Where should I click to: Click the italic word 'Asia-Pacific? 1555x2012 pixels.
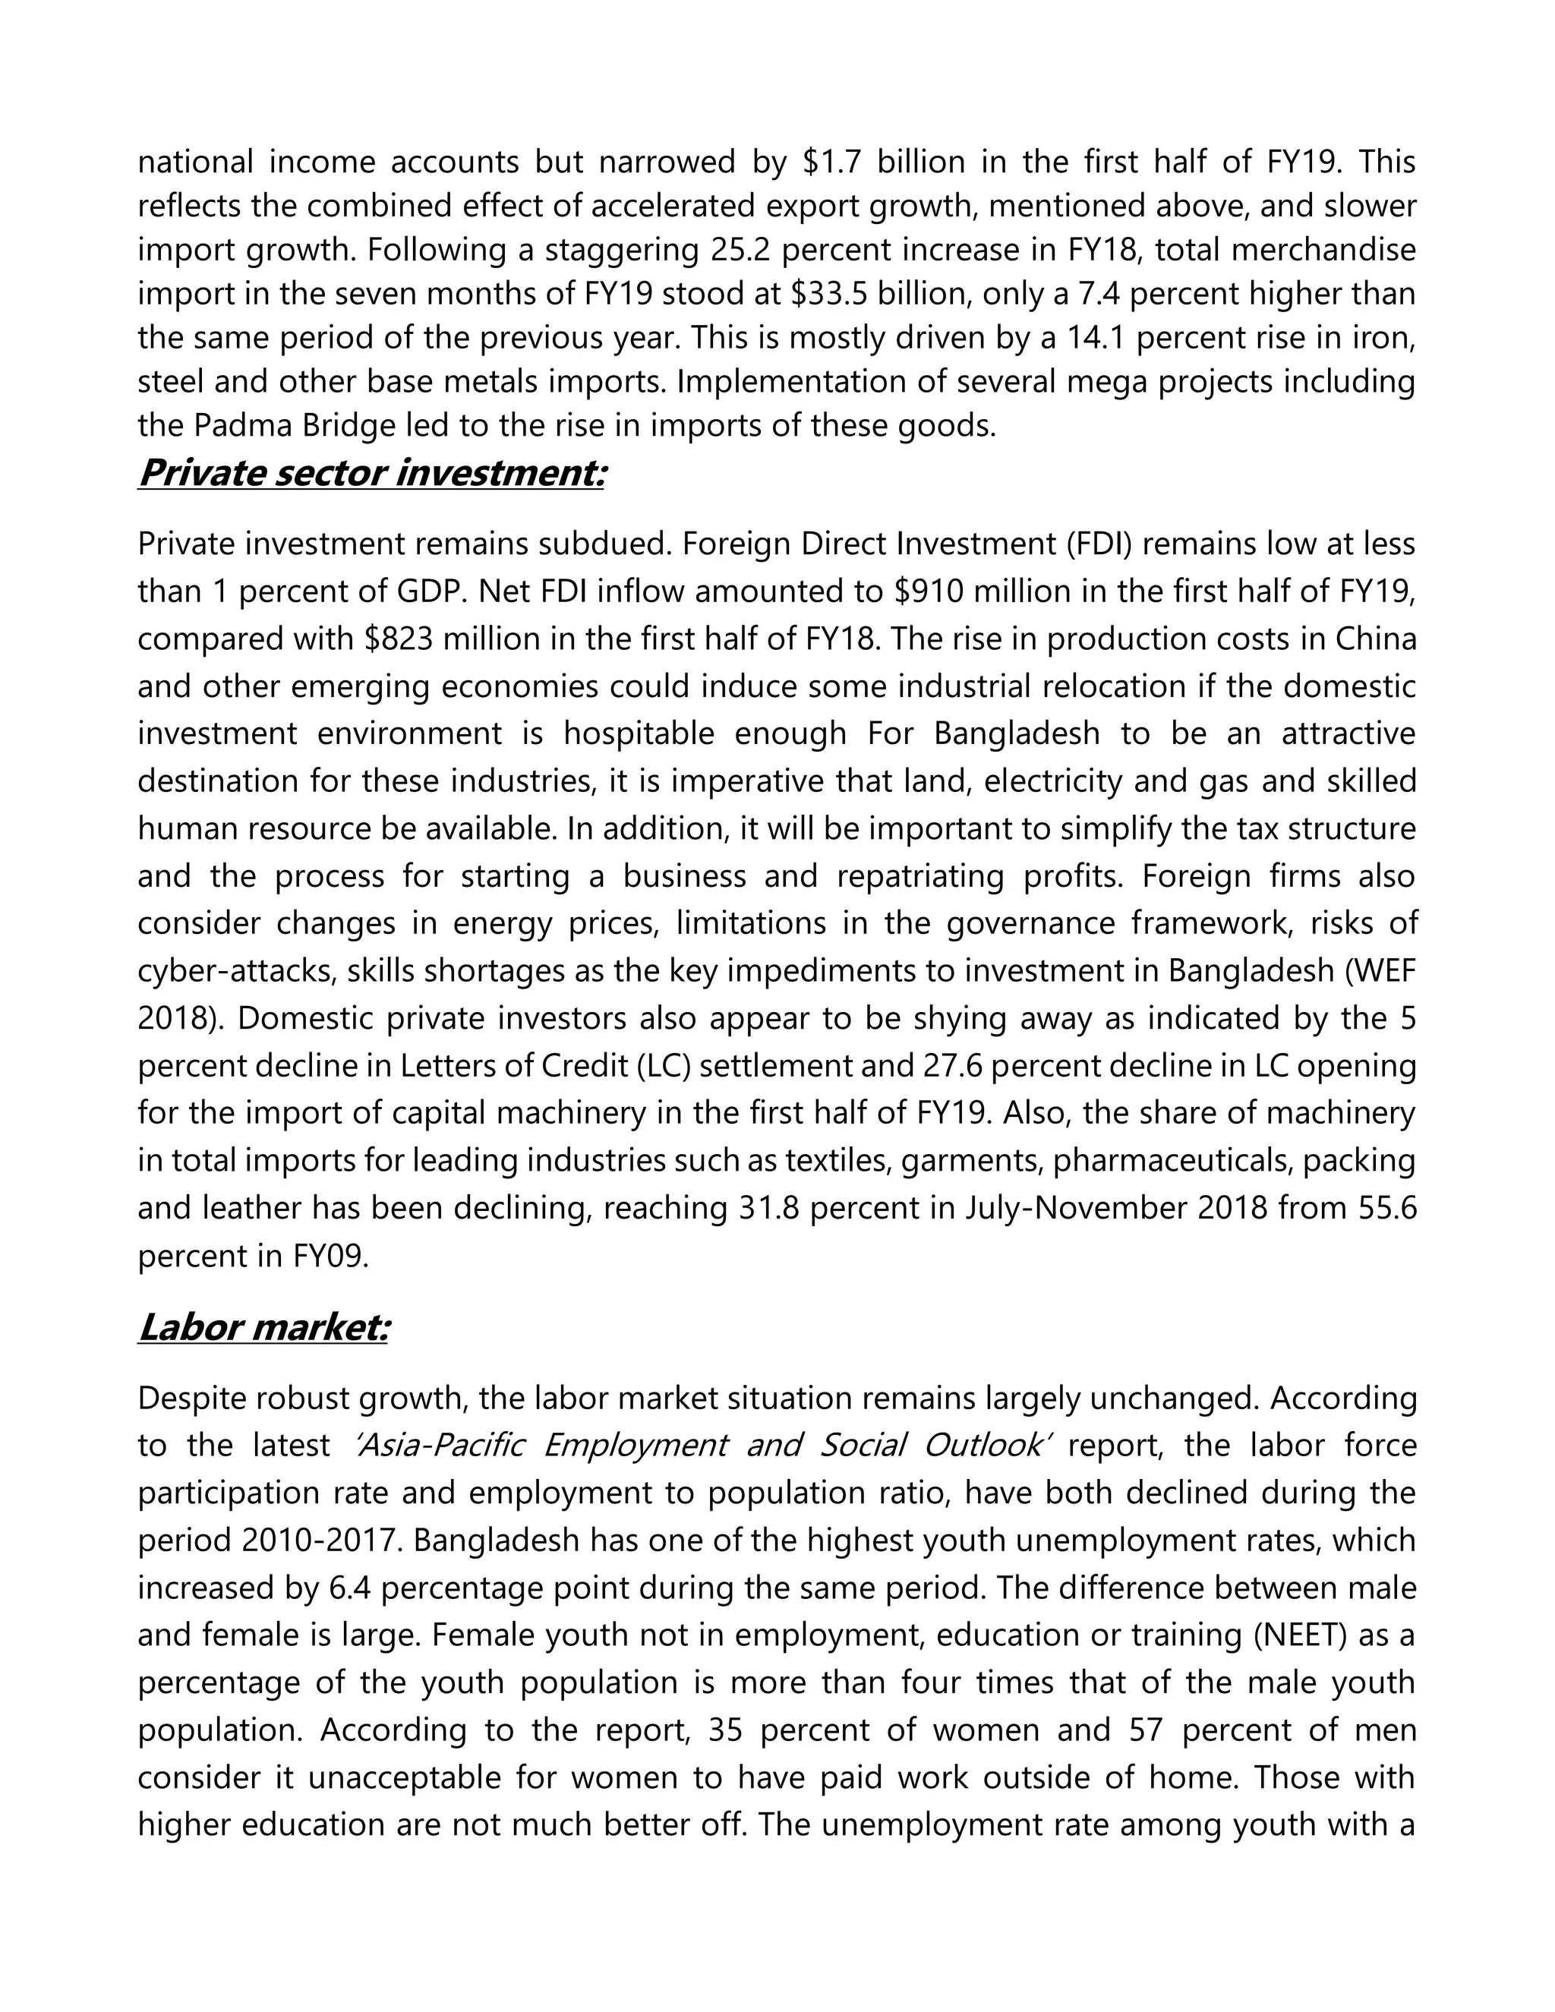(440, 1445)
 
